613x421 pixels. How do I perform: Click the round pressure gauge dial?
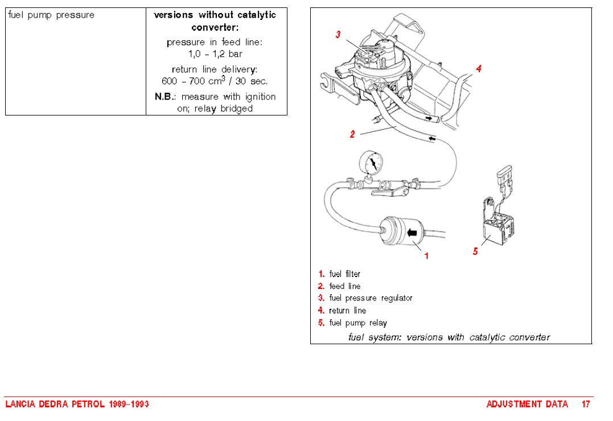pos(372,164)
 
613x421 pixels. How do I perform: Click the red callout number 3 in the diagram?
pos(338,35)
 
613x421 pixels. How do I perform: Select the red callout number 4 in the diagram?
pos(479,69)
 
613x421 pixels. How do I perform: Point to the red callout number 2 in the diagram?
pos(352,134)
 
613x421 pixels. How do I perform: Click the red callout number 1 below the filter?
pos(426,256)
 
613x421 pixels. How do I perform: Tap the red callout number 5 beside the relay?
pos(475,251)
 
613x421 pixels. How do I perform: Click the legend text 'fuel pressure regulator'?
pos(371,298)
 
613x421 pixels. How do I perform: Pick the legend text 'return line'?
pos(347,311)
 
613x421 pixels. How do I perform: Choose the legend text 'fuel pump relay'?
pos(357,323)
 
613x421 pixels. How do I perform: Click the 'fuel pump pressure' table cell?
pos(51,15)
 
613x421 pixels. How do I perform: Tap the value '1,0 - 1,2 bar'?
pos(215,54)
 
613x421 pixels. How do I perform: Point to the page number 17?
pos(586,404)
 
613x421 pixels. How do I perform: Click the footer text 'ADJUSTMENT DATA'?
pos(527,404)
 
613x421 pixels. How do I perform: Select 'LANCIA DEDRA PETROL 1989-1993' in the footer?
pos(77,404)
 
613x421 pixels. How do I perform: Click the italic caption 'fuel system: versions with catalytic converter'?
pos(449,337)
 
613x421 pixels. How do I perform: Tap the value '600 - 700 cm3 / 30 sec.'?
pos(215,81)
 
